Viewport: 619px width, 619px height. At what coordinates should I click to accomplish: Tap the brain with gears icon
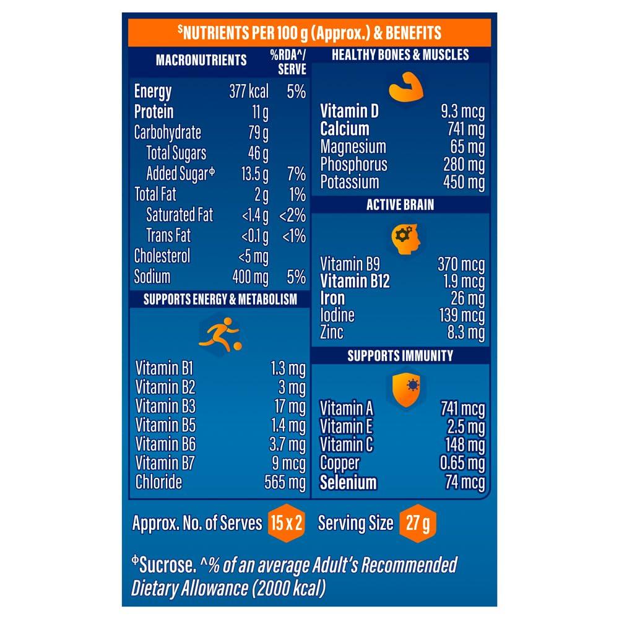(406, 237)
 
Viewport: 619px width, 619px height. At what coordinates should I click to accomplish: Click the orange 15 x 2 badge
(286, 523)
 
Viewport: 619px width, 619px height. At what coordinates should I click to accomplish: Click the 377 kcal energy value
(249, 92)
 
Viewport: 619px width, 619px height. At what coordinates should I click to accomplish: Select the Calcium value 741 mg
(464, 129)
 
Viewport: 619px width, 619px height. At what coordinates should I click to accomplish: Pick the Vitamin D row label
(349, 111)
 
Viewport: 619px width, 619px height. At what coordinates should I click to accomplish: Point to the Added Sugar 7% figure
(297, 174)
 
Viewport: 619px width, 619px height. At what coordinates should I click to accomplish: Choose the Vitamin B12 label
(355, 281)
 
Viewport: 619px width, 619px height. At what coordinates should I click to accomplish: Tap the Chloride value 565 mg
(285, 483)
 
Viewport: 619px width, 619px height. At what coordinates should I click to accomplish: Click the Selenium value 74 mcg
(465, 483)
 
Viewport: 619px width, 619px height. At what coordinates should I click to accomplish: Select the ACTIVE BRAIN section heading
(400, 205)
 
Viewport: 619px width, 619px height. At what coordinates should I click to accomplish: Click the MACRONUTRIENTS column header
(201, 60)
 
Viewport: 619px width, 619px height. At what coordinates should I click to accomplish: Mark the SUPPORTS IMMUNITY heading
(400, 355)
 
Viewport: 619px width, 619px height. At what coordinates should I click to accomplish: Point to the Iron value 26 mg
(467, 298)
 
